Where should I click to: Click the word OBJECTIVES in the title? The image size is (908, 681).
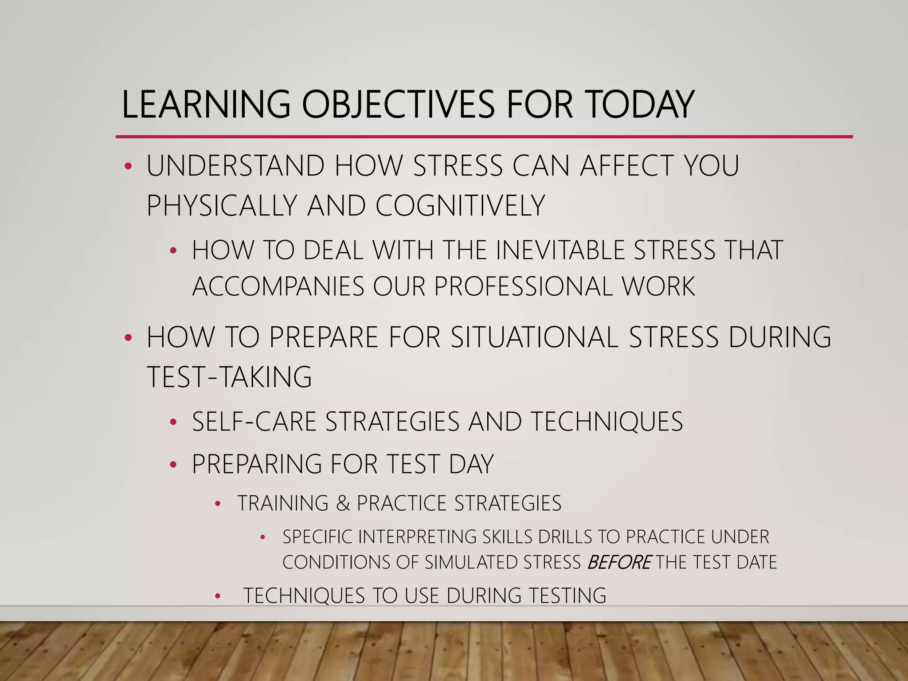(x=398, y=105)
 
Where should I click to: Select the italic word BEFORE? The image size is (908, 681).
(x=619, y=563)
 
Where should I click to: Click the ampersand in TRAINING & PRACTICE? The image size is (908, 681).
(x=343, y=503)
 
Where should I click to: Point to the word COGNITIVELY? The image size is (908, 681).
(x=460, y=206)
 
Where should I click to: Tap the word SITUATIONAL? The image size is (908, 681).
(x=534, y=337)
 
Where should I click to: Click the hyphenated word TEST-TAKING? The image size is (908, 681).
(x=229, y=377)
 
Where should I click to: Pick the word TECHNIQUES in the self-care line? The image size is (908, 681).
(x=607, y=421)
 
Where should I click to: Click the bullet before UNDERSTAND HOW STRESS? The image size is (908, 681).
(x=128, y=167)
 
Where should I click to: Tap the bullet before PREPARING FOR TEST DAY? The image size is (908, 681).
(x=173, y=465)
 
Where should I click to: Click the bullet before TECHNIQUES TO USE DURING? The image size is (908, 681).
(x=217, y=596)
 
